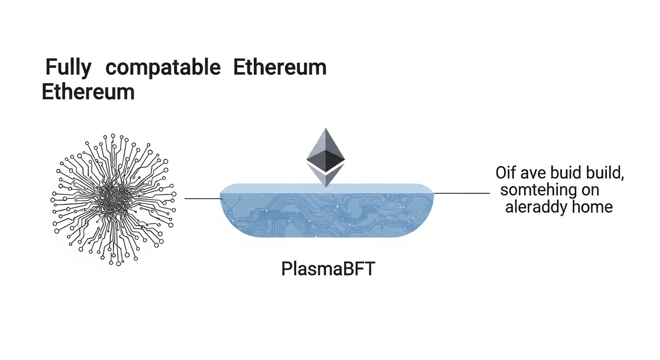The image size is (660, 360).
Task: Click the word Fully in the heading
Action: (68, 68)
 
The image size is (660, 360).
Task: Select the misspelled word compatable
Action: (163, 68)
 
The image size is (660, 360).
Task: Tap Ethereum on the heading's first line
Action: (279, 68)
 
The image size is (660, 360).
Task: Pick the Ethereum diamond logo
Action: (325, 157)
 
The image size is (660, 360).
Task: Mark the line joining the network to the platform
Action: (202, 199)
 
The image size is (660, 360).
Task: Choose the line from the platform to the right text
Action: (462, 193)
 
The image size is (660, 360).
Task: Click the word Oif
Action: (506, 173)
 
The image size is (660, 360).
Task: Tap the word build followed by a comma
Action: (606, 173)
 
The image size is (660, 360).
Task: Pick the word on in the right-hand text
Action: (590, 190)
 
